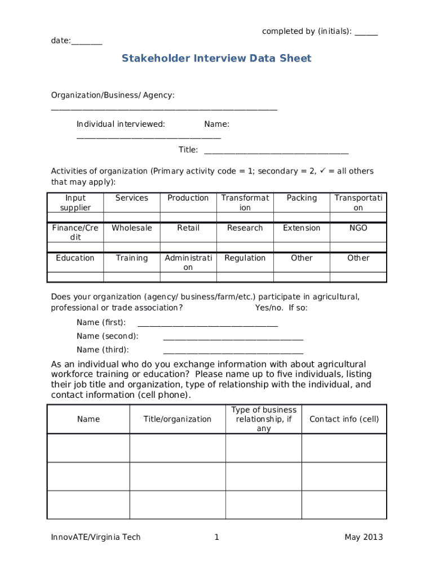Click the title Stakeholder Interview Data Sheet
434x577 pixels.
pos(216,59)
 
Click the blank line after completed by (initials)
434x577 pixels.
pos(366,33)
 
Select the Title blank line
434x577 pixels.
pos(276,151)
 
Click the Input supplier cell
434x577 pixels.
pos(76,203)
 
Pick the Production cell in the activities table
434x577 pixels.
pos(188,198)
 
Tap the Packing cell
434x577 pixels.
pos(302,198)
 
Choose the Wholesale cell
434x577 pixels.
pos(132,228)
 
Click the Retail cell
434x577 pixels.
pos(188,228)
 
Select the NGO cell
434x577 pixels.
pos(358,228)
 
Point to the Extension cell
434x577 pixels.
pos(302,228)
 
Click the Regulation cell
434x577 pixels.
pos(245,258)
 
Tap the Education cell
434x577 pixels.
pos(76,258)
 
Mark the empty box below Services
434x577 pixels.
pos(132,218)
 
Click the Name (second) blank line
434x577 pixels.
pos(233,338)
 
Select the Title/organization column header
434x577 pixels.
pos(178,419)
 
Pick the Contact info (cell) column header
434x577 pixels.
pos(344,419)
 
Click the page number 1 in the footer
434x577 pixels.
pos(216,538)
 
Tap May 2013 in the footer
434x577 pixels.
pos(364,538)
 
